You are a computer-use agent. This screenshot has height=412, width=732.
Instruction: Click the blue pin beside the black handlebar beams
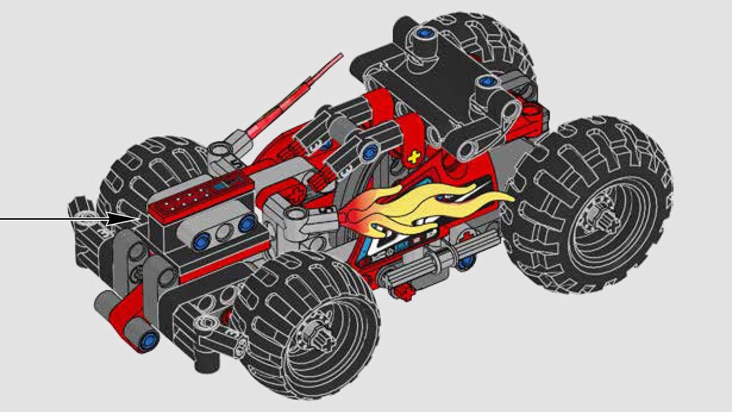372,152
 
